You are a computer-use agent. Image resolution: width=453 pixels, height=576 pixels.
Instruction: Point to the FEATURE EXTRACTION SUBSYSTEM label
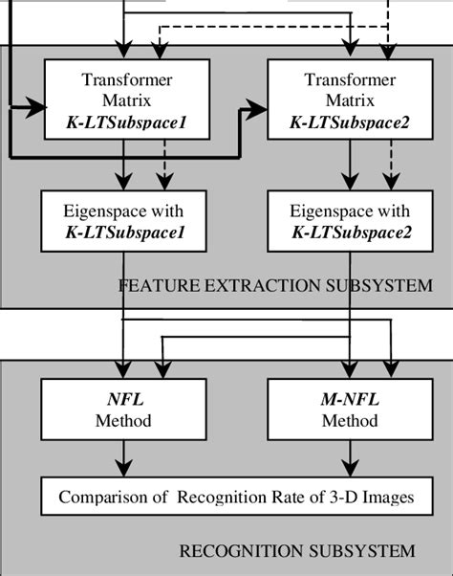click(x=275, y=285)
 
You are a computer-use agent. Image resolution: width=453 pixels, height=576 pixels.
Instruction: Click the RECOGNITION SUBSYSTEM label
click(x=297, y=550)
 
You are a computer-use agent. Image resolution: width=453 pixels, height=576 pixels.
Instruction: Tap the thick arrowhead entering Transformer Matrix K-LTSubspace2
click(x=256, y=111)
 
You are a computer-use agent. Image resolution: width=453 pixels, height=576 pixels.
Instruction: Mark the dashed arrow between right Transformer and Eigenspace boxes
click(x=388, y=166)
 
